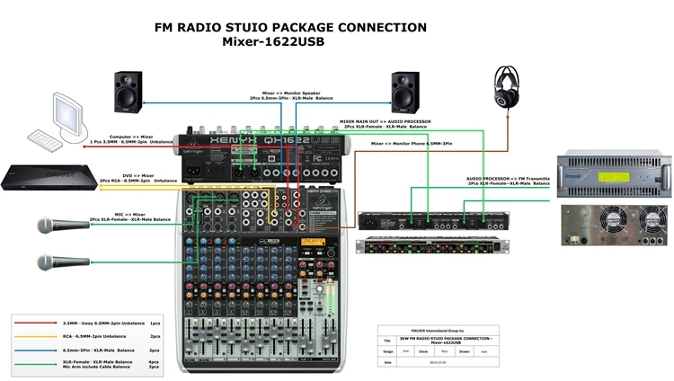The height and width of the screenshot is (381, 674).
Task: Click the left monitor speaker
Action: tap(129, 91)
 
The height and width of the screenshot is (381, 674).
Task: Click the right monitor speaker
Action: tap(405, 91)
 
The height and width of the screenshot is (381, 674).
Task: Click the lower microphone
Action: tap(59, 262)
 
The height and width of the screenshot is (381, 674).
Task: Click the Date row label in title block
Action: tap(387, 362)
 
